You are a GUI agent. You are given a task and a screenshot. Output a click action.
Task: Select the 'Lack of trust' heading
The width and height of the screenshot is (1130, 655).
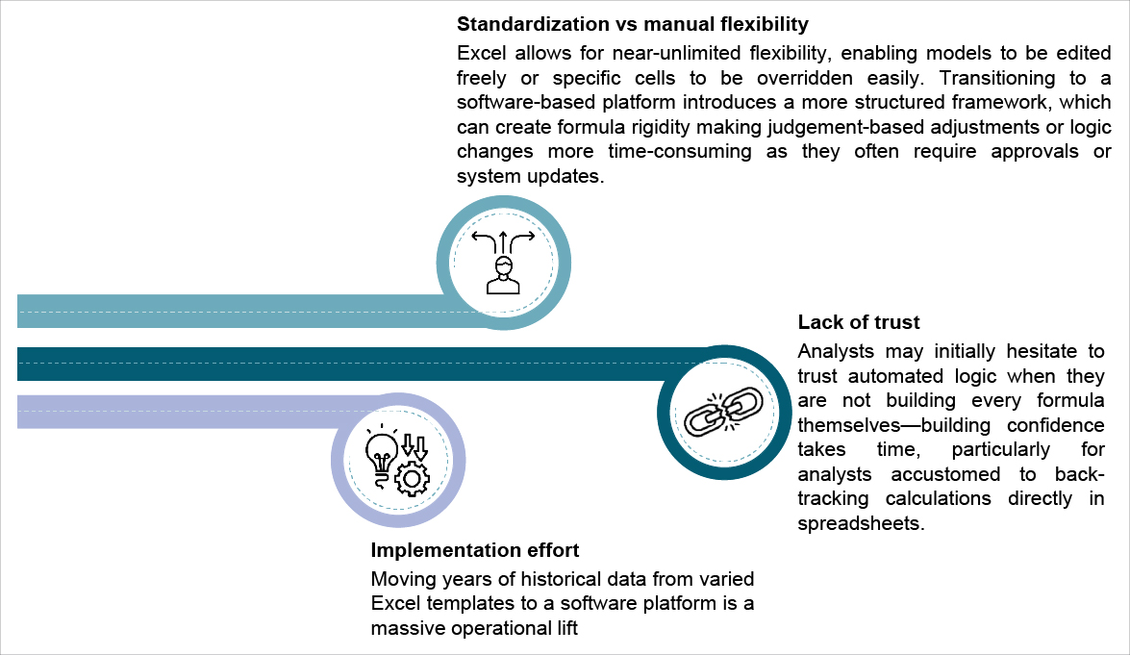point(859,322)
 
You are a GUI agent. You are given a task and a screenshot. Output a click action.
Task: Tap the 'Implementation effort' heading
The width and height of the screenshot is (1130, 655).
point(475,550)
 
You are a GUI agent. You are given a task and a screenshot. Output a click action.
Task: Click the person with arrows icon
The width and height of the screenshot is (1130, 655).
point(503,262)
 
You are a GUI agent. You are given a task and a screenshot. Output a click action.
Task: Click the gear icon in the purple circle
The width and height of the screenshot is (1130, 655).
point(414,477)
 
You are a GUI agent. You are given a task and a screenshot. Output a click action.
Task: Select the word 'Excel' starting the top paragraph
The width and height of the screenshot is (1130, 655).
point(478,53)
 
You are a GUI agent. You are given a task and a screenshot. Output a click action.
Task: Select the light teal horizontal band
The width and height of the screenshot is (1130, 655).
point(231,310)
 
